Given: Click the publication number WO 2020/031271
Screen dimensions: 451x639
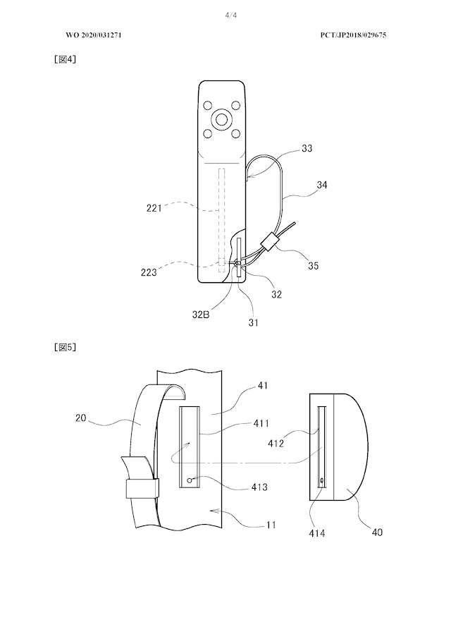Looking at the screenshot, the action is tap(94, 35).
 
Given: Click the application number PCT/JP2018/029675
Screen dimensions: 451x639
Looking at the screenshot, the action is tap(353, 35).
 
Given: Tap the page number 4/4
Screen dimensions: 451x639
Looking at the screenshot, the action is tap(231, 16).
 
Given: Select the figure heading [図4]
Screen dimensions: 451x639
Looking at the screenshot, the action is tap(65, 59).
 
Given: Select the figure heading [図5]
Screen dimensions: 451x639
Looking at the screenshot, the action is tap(65, 347).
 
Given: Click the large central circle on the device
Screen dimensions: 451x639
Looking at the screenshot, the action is tap(222, 119).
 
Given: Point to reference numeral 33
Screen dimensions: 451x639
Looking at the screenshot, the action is tap(307, 148).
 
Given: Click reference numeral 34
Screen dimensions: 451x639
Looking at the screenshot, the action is tap(321, 185).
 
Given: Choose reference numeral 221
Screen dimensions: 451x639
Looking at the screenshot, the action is tap(154, 208).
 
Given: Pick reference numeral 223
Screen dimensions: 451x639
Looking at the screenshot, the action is tap(149, 272).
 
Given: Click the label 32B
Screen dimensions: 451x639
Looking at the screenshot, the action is tap(201, 315).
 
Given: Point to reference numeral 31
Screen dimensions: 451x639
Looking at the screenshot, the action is tap(253, 322).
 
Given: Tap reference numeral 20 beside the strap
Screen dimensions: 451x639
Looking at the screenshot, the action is tap(80, 418).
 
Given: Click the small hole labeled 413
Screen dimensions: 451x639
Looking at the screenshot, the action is tap(190, 480).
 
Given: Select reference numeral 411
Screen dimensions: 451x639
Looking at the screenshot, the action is tap(261, 423).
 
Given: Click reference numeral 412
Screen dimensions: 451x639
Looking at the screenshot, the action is tap(276, 443).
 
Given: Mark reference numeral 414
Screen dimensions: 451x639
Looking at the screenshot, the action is tap(316, 533).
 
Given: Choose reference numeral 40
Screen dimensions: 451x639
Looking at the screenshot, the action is tap(377, 532).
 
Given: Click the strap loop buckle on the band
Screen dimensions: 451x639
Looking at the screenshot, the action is tap(141, 489).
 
